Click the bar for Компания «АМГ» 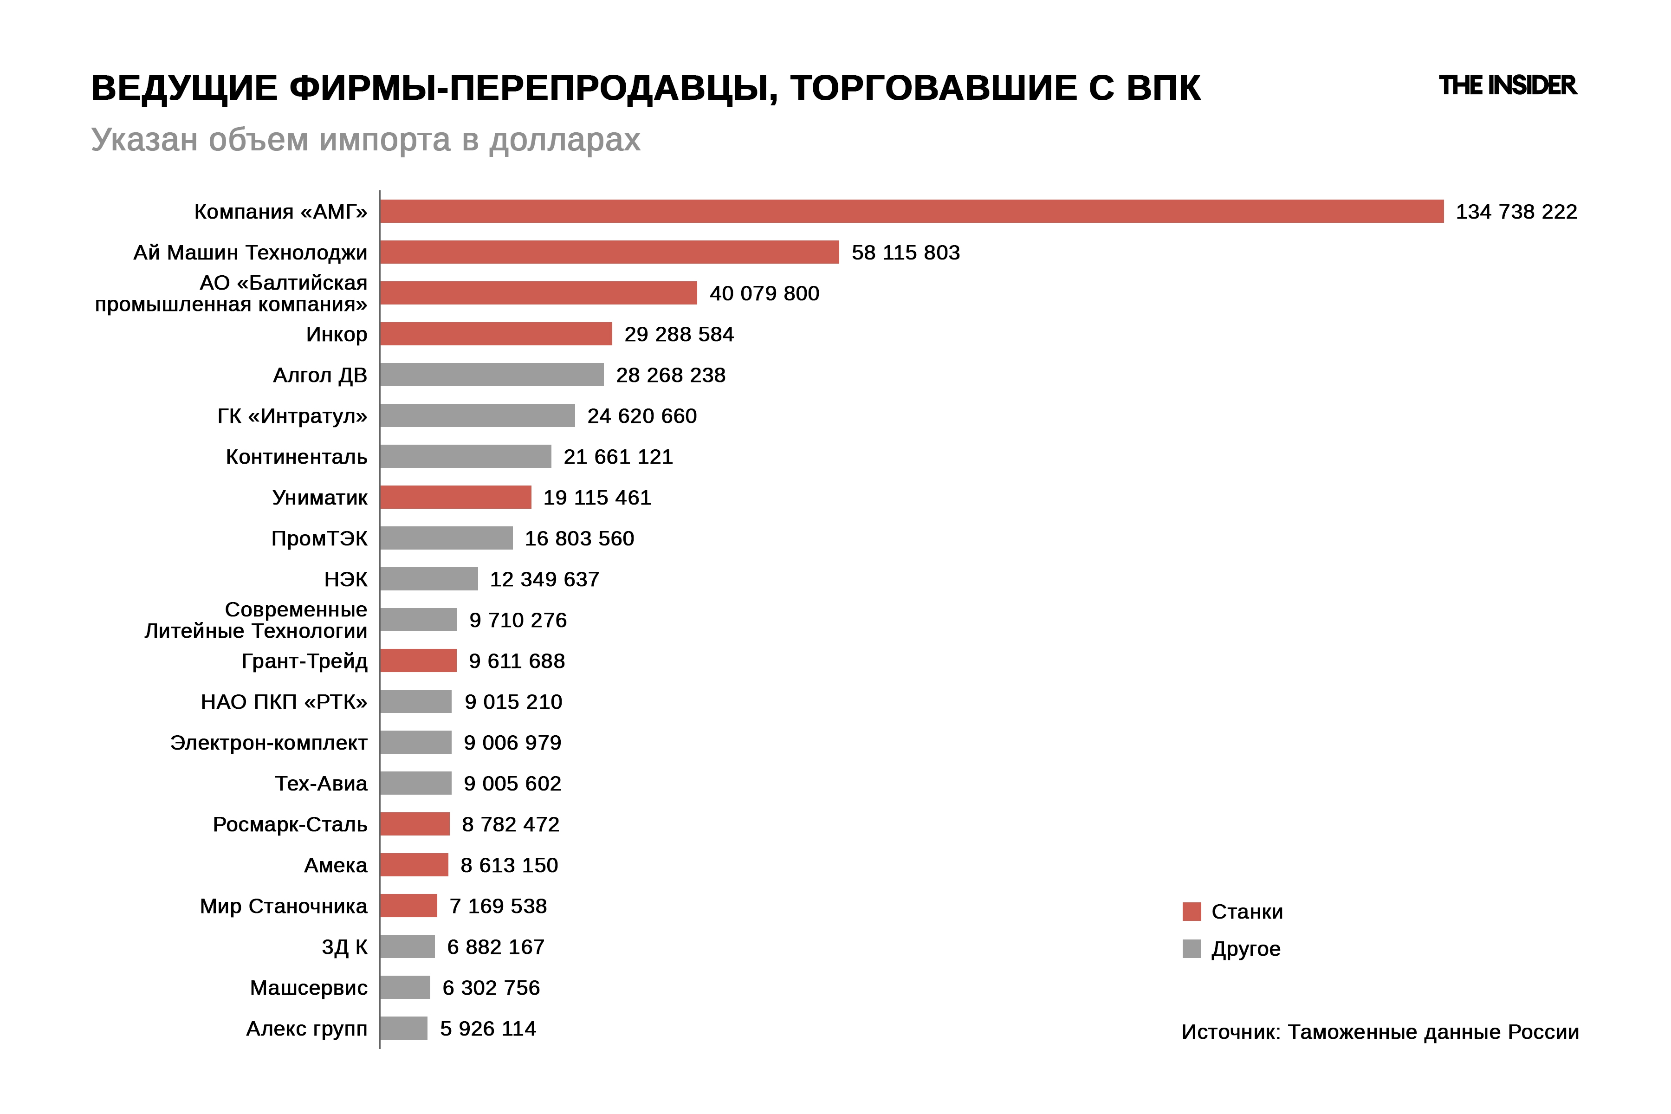coord(912,211)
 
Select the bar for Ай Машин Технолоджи coord(609,252)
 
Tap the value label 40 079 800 coord(764,293)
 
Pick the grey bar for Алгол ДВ coord(492,375)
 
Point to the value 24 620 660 coord(641,415)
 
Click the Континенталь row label coord(296,457)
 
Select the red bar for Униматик coord(455,497)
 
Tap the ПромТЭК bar coord(446,538)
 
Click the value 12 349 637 coord(544,579)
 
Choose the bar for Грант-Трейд coord(419,661)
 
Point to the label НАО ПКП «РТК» coord(284,702)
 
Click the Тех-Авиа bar coord(415,783)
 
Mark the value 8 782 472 coord(510,824)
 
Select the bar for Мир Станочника coord(408,906)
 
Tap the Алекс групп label coord(306,1029)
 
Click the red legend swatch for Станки coord(1192,912)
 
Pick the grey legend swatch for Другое coord(1192,948)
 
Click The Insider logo coord(1507,85)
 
